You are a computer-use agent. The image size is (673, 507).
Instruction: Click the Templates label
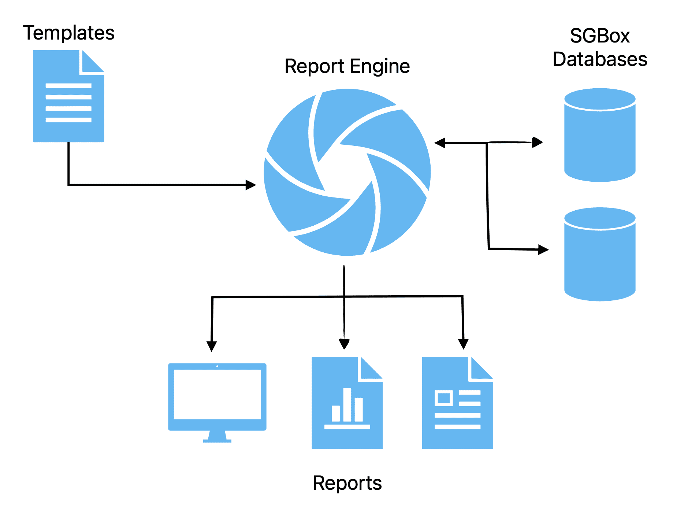(x=68, y=33)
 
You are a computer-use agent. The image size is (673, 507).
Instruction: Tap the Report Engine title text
(x=347, y=66)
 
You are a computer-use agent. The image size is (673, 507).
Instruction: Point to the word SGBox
(x=599, y=36)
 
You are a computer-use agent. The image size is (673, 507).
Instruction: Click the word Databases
(x=600, y=59)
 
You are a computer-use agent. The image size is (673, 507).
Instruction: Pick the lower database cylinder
(x=599, y=254)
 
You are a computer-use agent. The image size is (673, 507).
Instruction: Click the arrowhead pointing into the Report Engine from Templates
(x=251, y=185)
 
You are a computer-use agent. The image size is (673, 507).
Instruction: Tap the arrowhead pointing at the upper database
(x=537, y=142)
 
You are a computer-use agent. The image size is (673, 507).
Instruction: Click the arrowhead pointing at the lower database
(x=543, y=250)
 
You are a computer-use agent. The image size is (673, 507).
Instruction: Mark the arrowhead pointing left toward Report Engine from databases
(x=440, y=143)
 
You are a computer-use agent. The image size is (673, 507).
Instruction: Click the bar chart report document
(x=347, y=403)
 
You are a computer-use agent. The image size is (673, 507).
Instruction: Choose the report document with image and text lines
(x=457, y=403)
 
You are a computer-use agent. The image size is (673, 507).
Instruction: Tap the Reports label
(x=347, y=483)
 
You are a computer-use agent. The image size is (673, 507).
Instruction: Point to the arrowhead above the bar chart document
(x=344, y=344)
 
